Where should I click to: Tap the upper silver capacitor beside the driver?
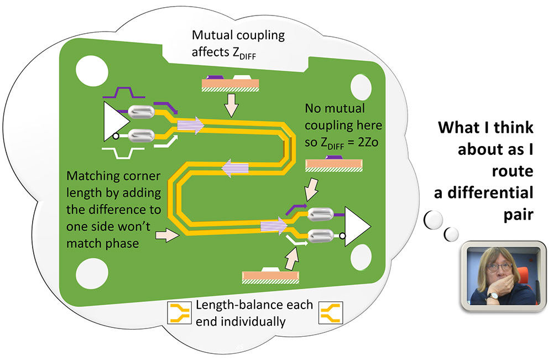142,112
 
